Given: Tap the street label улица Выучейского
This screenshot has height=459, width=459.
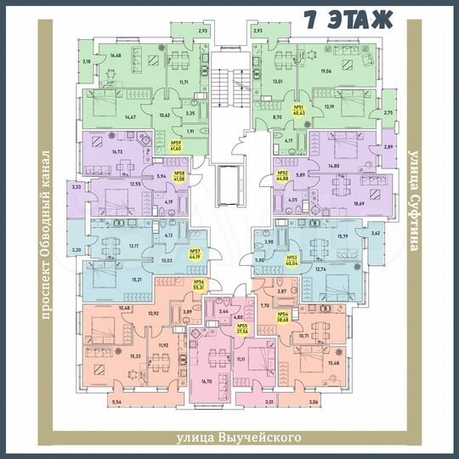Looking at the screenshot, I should (x=240, y=438).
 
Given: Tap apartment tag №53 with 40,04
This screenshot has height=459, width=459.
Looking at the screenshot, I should (x=292, y=261).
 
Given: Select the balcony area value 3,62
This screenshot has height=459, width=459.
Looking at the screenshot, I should (x=377, y=231).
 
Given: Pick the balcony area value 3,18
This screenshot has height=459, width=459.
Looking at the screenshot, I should (x=86, y=62).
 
